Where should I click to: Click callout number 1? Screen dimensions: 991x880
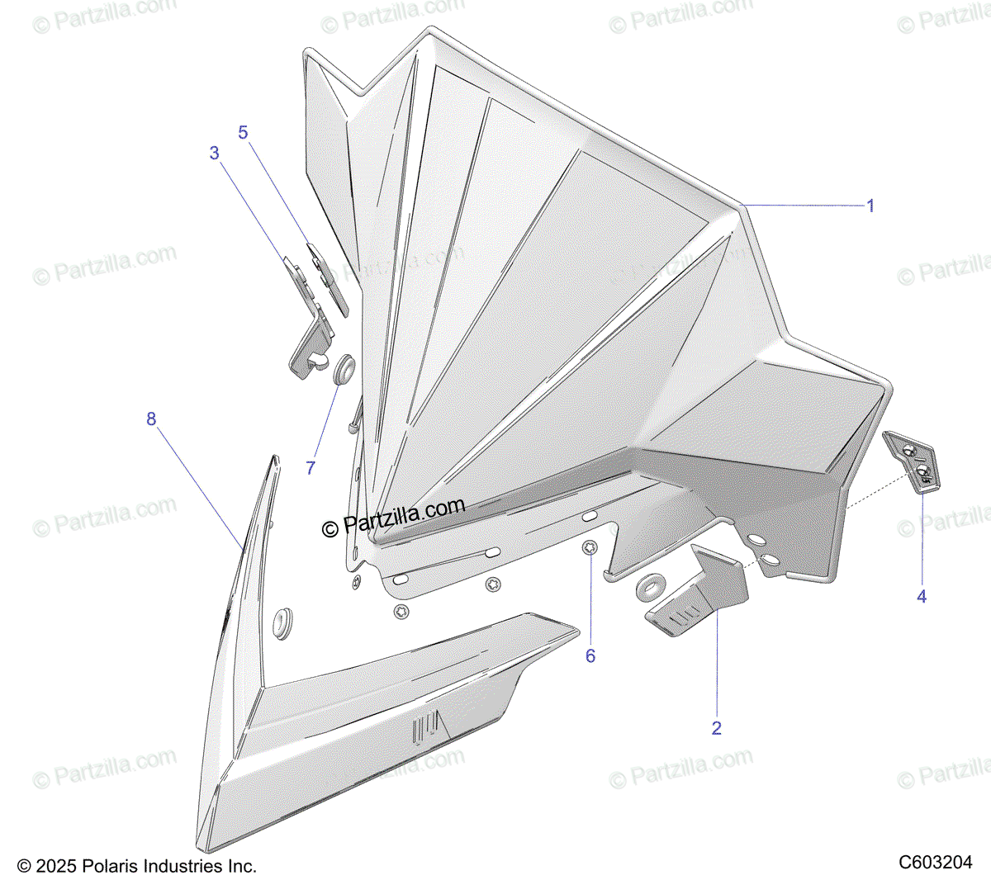pyautogui.click(x=870, y=206)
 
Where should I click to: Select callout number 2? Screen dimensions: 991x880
pyautogui.click(x=716, y=727)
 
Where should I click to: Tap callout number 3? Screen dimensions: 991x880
pyautogui.click(x=215, y=153)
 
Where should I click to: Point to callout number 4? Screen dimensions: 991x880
pyautogui.click(x=922, y=595)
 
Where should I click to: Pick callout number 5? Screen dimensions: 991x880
pyautogui.click(x=243, y=132)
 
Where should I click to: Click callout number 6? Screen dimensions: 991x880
pyautogui.click(x=590, y=655)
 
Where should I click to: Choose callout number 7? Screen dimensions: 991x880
pyautogui.click(x=311, y=467)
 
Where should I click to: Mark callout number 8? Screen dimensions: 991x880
pyautogui.click(x=151, y=419)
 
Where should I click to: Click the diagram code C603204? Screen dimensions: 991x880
pyautogui.click(x=936, y=862)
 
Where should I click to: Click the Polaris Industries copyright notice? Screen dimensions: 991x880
pyautogui.click(x=137, y=866)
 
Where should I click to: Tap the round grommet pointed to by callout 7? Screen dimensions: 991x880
pyautogui.click(x=343, y=369)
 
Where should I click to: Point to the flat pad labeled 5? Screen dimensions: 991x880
pyautogui.click(x=327, y=277)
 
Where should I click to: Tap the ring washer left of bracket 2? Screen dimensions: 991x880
pyautogui.click(x=650, y=587)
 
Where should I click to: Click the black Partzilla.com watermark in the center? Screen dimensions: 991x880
pyautogui.click(x=393, y=518)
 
